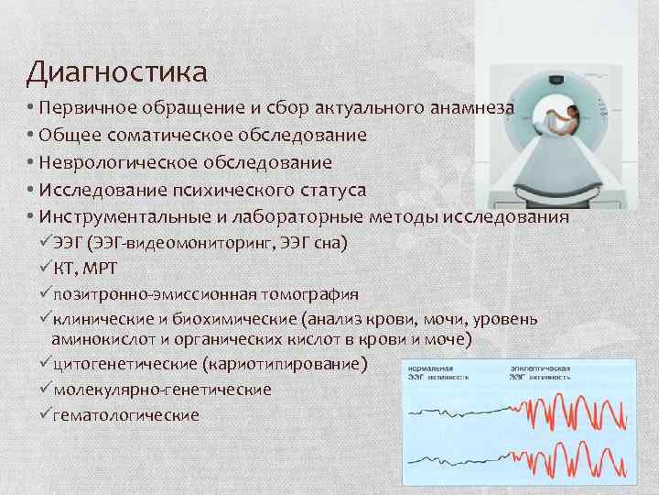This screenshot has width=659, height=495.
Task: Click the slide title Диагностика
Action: click(x=117, y=71)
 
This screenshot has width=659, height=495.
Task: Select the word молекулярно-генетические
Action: click(x=163, y=390)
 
